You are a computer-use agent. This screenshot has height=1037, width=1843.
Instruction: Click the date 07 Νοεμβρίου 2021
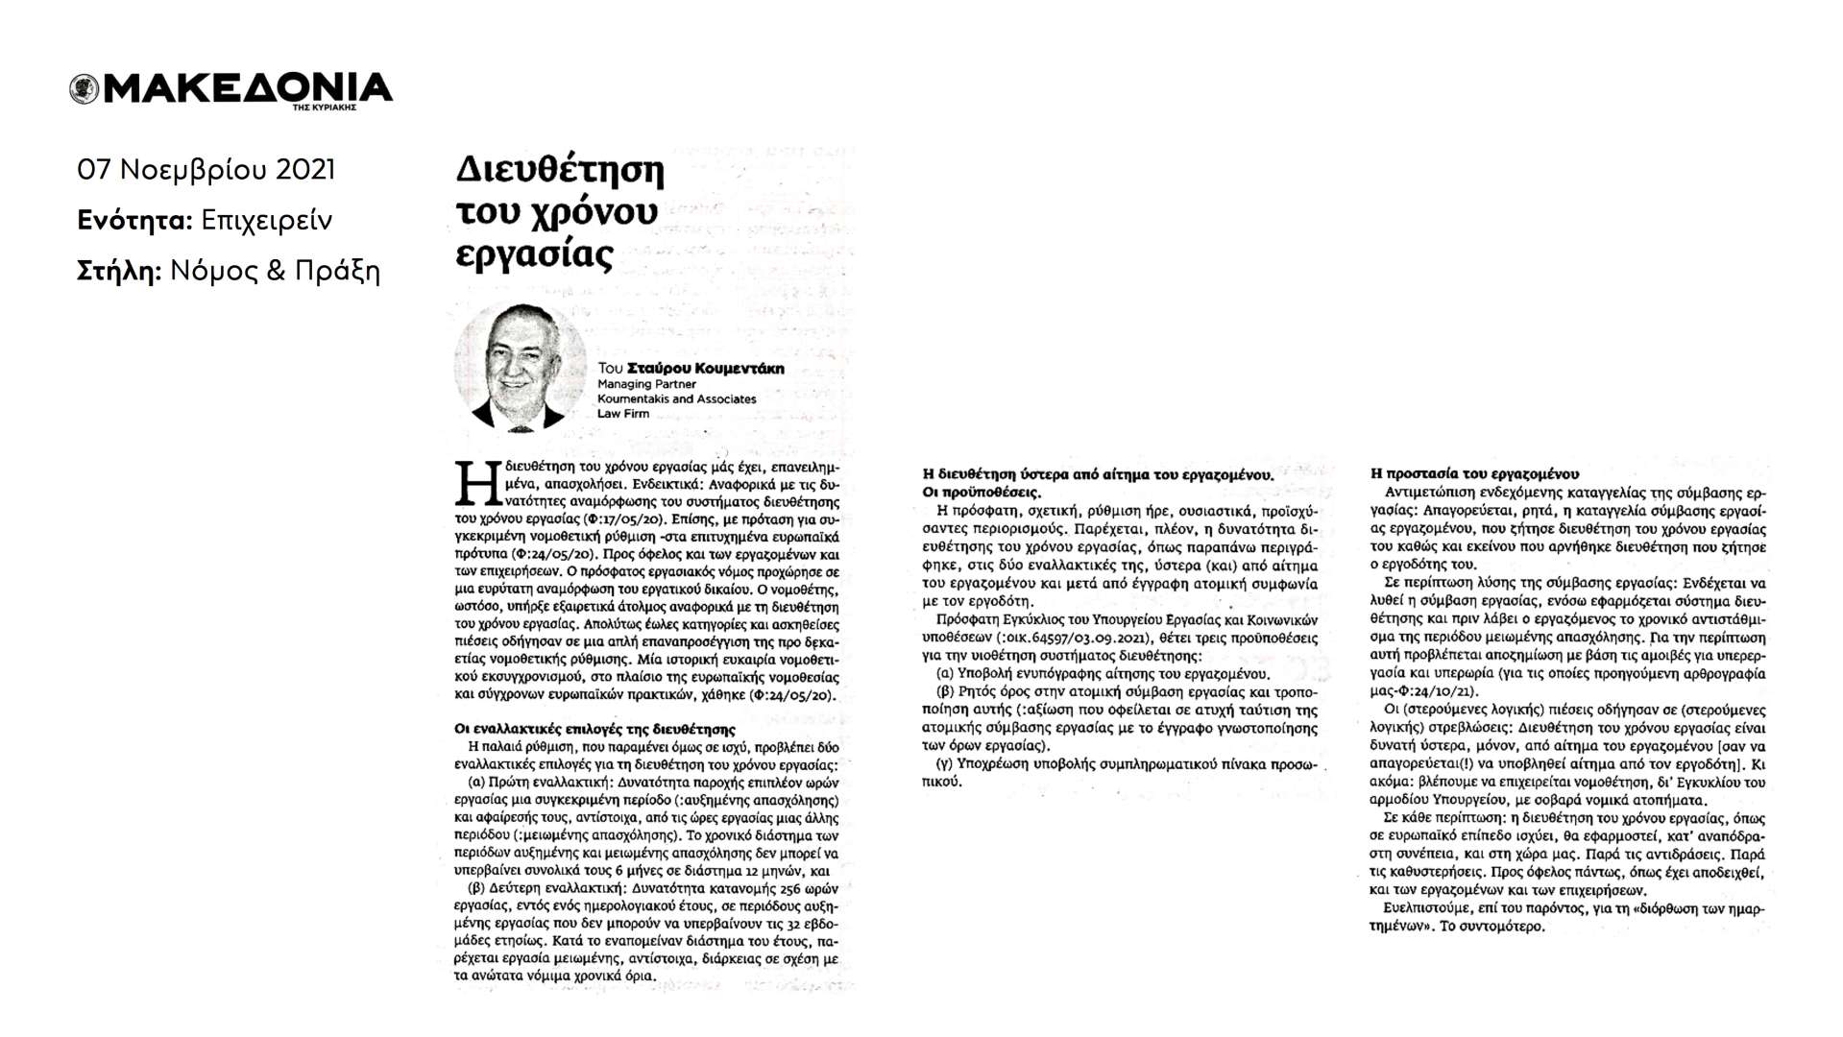(206, 170)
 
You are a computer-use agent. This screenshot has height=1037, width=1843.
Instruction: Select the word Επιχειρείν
(267, 221)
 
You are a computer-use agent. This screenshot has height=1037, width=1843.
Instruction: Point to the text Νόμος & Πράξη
(275, 272)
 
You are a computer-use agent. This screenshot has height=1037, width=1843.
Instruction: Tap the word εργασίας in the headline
(533, 255)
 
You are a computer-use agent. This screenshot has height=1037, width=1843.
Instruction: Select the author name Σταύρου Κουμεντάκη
(705, 369)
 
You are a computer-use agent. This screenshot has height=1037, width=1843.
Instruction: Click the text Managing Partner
(646, 384)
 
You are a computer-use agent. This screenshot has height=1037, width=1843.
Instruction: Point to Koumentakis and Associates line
(676, 398)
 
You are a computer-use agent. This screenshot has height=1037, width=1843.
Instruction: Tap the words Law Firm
(623, 414)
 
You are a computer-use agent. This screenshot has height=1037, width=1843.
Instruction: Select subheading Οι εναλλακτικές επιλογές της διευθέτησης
(594, 729)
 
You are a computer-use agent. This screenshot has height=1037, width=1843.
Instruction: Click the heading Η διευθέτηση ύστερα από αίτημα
(1096, 474)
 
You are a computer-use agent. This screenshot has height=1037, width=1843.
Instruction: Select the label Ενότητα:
(134, 221)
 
